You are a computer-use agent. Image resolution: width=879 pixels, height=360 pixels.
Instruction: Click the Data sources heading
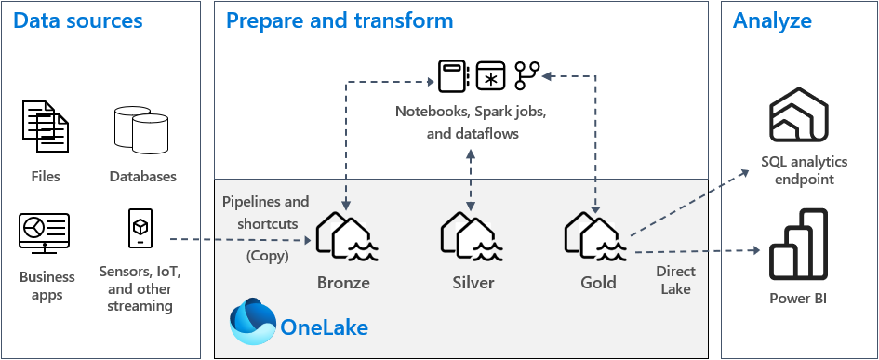click(77, 20)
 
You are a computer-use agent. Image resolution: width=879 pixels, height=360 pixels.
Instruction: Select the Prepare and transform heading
click(340, 20)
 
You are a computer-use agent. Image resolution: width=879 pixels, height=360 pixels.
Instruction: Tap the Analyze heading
click(772, 20)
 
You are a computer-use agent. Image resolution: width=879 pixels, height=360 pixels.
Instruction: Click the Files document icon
click(45, 127)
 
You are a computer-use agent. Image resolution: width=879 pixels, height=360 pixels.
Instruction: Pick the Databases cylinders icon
click(142, 129)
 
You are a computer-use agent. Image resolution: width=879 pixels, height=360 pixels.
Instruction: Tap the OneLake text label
click(323, 327)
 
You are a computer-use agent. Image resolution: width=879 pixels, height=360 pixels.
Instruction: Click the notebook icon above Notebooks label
click(453, 75)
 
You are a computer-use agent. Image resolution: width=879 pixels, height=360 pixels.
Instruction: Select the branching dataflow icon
click(526, 75)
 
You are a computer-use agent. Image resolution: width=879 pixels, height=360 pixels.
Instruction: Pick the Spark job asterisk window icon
click(489, 76)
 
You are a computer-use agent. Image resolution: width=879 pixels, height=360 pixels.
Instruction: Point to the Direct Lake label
click(675, 280)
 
